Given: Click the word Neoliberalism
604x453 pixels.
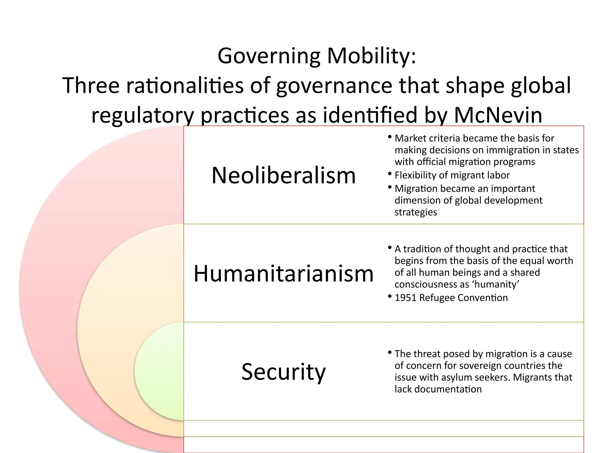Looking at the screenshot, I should (x=283, y=175).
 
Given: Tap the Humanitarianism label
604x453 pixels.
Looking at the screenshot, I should (x=283, y=273).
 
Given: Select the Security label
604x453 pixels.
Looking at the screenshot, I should (x=283, y=372).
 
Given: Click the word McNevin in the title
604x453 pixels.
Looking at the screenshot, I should (x=498, y=115).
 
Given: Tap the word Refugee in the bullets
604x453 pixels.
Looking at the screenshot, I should (x=437, y=298).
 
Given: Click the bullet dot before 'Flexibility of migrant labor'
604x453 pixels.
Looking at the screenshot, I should (x=390, y=174).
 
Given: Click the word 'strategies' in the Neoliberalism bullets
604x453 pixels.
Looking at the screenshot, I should (x=416, y=212).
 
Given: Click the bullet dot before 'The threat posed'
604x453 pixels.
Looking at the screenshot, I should (x=390, y=352).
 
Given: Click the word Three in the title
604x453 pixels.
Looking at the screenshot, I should (x=91, y=86).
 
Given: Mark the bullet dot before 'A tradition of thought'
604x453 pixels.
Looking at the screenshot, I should (x=390, y=247).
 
